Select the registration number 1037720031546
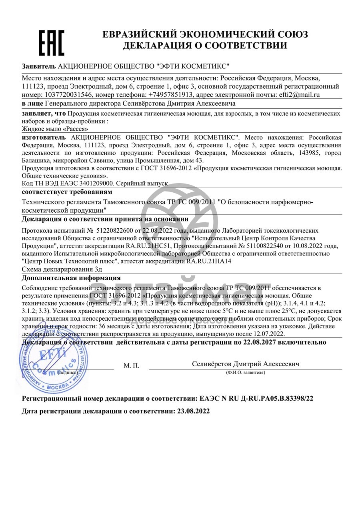[67, 95]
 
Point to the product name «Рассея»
[71, 129]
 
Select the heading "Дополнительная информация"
[71, 278]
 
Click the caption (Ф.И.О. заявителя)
[245, 373]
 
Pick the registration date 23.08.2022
[192, 411]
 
